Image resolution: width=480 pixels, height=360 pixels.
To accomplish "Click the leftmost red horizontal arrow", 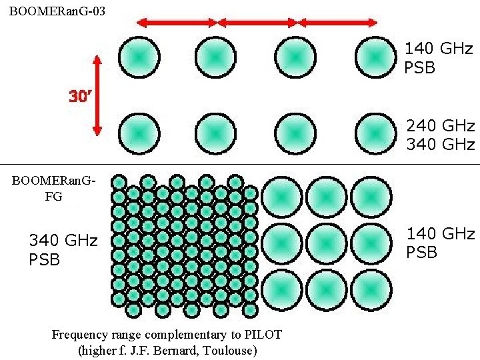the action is [177, 23].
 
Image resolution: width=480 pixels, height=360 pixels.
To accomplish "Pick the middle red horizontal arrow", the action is [257, 23].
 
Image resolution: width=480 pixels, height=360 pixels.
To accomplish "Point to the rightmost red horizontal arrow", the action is [337, 23].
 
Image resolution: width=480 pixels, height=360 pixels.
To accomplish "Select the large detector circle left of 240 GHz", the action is [376, 133].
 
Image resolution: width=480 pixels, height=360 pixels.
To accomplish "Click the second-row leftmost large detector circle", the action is [137, 133].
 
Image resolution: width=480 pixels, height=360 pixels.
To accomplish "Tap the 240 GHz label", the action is [441, 125].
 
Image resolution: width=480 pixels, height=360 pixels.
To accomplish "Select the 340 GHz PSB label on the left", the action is [63, 249].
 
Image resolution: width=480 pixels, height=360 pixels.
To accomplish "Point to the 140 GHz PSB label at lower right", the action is [441, 243].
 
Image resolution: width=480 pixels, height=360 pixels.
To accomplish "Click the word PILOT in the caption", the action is [262, 334].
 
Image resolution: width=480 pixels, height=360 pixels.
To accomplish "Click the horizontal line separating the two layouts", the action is [240, 164].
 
